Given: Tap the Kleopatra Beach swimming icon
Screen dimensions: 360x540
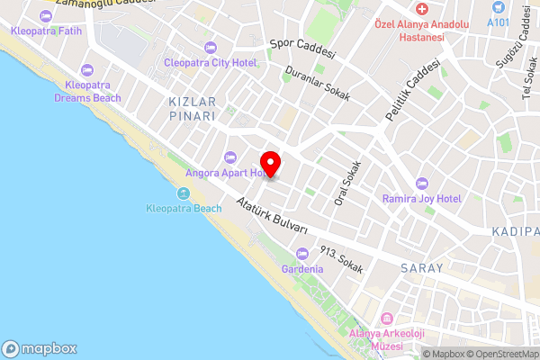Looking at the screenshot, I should click(x=184, y=193).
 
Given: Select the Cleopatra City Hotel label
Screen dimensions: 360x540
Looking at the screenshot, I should click(x=210, y=62).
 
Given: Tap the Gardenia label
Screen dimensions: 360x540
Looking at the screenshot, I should click(x=301, y=269).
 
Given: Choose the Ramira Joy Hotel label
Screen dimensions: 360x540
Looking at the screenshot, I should click(x=421, y=198).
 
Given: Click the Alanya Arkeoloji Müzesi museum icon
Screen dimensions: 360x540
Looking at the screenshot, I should click(x=386, y=319).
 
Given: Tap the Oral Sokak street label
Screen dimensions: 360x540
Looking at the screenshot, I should click(x=347, y=184).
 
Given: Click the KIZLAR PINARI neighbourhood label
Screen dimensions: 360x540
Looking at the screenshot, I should click(x=192, y=109).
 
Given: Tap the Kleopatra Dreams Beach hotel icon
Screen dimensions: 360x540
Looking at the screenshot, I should click(x=87, y=70).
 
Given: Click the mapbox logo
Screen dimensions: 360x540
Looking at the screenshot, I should click(x=40, y=348).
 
